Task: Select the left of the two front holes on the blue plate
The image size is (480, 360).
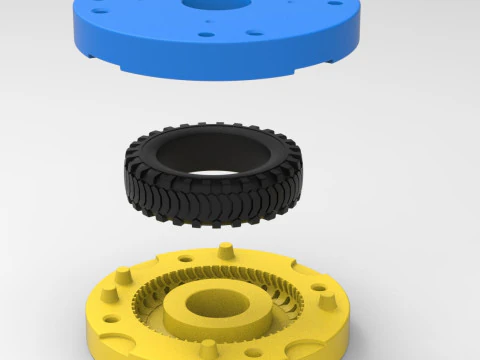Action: tap(207, 35)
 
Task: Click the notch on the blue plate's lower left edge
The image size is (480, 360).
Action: tap(121, 69)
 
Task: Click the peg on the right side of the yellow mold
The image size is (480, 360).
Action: tap(324, 297)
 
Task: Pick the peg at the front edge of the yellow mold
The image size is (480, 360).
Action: tap(208, 350)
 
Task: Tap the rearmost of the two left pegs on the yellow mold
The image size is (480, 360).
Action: tap(124, 272)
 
